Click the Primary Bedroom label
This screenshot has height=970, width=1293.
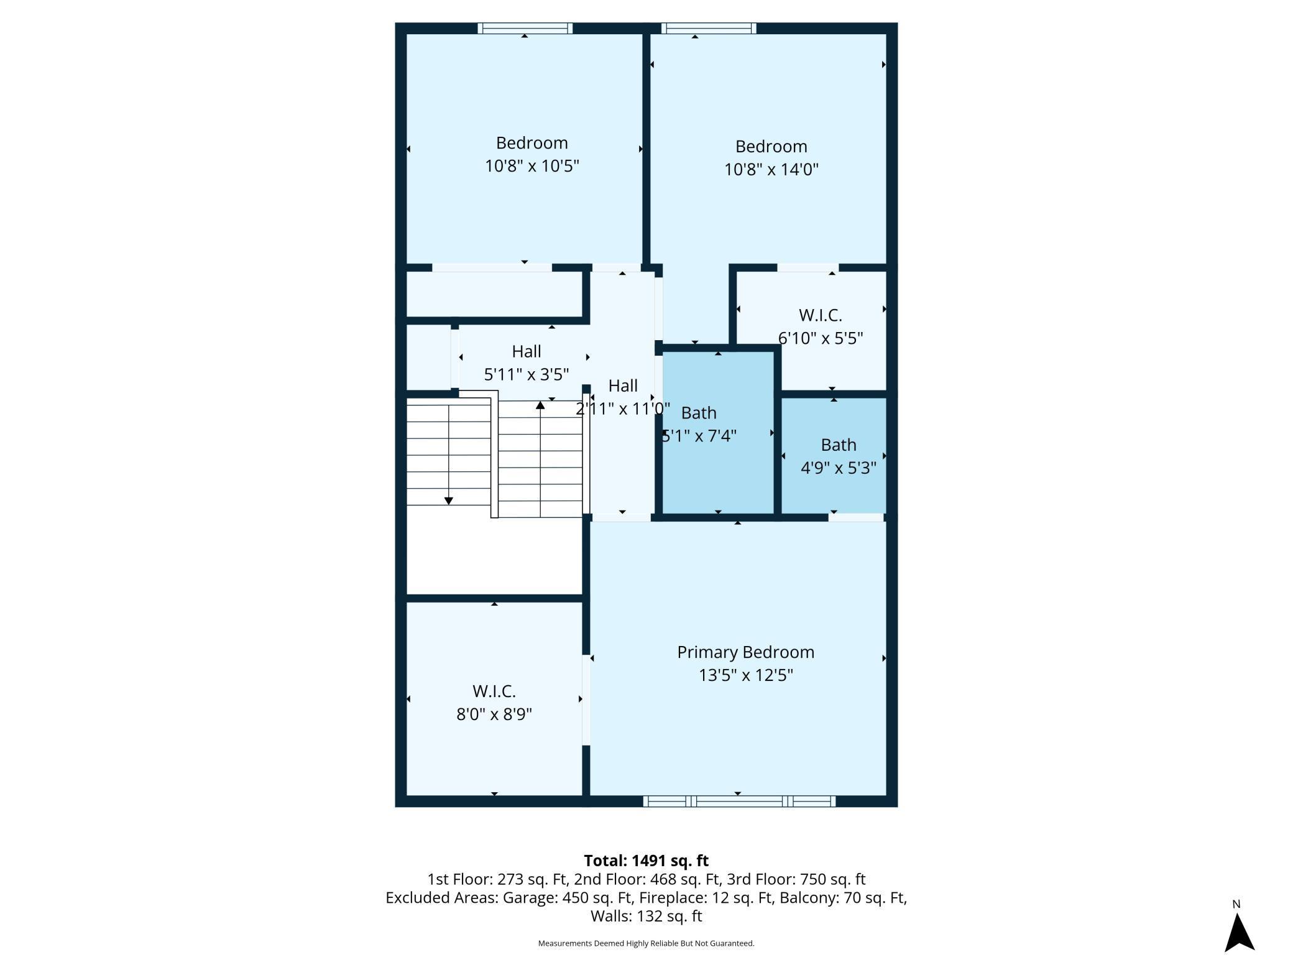pyautogui.click(x=745, y=652)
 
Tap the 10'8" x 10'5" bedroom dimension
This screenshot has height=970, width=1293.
pyautogui.click(x=531, y=166)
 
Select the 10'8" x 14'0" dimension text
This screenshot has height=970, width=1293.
pyautogui.click(x=771, y=169)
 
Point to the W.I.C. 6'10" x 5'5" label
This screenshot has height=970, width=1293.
pyautogui.click(x=820, y=326)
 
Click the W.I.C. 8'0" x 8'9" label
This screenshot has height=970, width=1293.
pyautogui.click(x=494, y=703)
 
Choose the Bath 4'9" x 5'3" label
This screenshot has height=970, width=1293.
pyautogui.click(x=838, y=456)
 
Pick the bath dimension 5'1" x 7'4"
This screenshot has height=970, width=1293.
pyautogui.click(x=699, y=436)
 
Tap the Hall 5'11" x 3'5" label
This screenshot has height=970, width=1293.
pyautogui.click(x=526, y=363)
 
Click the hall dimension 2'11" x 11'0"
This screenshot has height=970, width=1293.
pyautogui.click(x=622, y=409)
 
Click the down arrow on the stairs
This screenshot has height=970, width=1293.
pyautogui.click(x=448, y=500)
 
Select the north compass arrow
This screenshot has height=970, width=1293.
pyautogui.click(x=1239, y=933)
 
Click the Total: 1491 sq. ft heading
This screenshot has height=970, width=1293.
pyautogui.click(x=646, y=861)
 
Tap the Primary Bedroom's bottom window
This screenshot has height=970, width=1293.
pyautogui.click(x=739, y=801)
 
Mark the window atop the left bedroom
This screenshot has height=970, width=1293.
pyautogui.click(x=525, y=28)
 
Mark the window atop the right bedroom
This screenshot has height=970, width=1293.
pyautogui.click(x=709, y=28)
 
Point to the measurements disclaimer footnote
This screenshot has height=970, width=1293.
pyautogui.click(x=646, y=943)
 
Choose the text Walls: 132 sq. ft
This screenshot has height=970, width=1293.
pyautogui.click(x=646, y=916)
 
